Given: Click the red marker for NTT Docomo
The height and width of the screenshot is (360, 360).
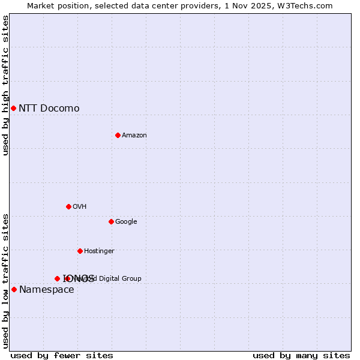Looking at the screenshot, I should [x=13, y=108].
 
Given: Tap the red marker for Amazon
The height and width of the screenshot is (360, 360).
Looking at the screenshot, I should [x=118, y=135].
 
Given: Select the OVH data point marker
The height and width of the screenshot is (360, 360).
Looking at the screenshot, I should [x=68, y=206].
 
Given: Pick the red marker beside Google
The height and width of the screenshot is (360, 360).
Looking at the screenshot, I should [x=111, y=221].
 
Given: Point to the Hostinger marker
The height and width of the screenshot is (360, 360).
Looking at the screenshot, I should [x=80, y=251].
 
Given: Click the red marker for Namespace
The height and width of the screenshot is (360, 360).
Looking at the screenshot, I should [x=14, y=289].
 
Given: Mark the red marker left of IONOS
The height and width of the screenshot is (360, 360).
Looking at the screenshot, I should [x=57, y=278].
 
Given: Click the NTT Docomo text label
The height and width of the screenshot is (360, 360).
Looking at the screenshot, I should [x=49, y=108].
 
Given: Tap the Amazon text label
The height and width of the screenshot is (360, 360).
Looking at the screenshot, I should [x=134, y=135].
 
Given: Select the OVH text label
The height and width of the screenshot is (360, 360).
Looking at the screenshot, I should [x=79, y=206].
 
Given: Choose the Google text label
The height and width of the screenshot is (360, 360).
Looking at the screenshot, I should [x=126, y=221].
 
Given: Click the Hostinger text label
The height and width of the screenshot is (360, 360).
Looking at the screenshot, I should [x=99, y=251].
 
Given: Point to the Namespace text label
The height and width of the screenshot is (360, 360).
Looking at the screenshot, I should [x=46, y=290].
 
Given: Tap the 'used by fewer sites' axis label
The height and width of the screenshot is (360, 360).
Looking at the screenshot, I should [x=62, y=356].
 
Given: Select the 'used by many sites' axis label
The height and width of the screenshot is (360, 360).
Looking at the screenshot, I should [x=301, y=356].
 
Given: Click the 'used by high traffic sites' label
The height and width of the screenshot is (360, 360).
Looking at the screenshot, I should [x=6, y=85].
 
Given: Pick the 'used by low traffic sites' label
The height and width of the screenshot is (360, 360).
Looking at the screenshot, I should [x=6, y=281].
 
